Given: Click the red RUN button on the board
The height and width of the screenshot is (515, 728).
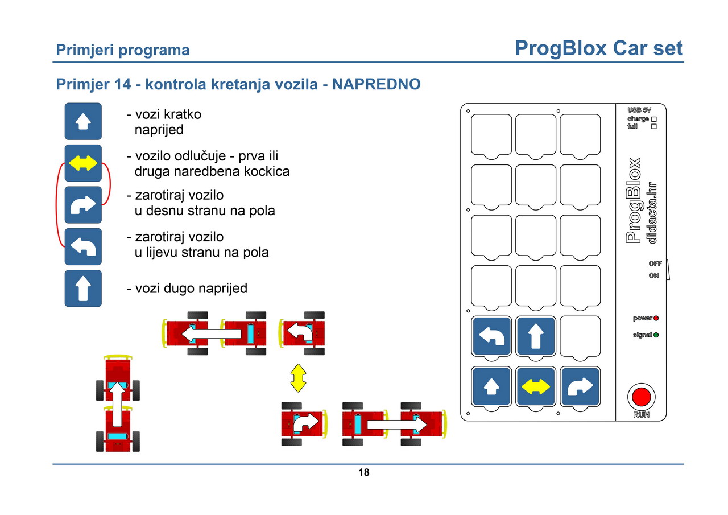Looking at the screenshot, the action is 641,397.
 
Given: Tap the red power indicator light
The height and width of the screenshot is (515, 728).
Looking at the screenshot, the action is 656,318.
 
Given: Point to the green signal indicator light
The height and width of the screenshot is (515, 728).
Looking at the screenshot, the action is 656,335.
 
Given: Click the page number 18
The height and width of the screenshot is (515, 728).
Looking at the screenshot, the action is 363,472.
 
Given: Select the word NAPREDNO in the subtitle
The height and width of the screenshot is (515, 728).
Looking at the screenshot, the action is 376,84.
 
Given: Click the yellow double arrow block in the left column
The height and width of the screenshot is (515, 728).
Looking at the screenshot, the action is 83,163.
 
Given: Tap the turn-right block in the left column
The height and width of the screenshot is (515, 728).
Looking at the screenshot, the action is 83,204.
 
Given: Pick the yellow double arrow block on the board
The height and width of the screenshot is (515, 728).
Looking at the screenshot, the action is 536,386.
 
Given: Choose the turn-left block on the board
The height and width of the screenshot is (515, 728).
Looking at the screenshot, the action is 491,336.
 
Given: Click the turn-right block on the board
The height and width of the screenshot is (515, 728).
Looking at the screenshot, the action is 580,386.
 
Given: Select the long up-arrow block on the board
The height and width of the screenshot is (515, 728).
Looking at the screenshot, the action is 536,336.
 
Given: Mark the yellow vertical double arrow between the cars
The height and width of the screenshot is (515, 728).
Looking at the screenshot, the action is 298,378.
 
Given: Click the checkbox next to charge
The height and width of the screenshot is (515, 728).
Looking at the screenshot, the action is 654,120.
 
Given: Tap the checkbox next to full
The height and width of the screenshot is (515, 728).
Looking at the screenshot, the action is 654,126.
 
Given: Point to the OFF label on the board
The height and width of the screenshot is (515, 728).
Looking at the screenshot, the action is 655,263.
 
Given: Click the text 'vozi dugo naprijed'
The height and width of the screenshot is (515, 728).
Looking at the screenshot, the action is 187,289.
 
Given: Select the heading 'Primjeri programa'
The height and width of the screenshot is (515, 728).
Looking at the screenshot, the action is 123,50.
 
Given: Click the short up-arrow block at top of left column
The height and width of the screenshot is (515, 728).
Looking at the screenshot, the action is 83,121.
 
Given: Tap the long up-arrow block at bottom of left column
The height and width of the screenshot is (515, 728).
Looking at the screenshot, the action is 83,289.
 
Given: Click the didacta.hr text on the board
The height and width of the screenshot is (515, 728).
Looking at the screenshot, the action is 652,213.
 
